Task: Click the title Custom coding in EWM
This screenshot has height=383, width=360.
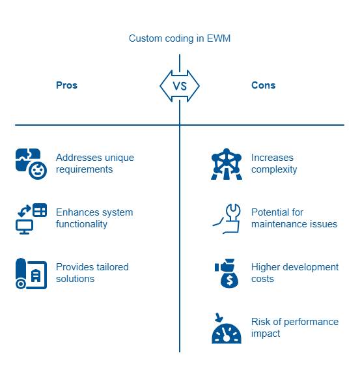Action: [x=180, y=38]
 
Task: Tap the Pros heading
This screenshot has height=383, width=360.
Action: [x=66, y=85]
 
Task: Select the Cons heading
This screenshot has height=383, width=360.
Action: [x=264, y=85]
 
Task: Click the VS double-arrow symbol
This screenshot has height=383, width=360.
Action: [x=180, y=86]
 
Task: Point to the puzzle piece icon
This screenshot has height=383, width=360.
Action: [x=31, y=164]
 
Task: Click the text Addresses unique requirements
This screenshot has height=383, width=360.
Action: [x=95, y=163]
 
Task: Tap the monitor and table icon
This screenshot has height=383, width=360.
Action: [x=31, y=219]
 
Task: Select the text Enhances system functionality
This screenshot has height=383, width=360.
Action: [x=94, y=218]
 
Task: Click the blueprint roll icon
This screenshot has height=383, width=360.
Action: [x=31, y=274]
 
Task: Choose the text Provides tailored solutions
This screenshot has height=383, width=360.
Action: [x=92, y=273]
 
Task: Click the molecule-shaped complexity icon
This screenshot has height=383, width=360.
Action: [x=227, y=164]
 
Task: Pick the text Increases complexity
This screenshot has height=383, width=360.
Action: [x=274, y=163]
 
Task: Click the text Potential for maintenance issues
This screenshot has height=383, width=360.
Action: [x=294, y=218]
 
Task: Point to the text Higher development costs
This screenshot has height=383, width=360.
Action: [x=295, y=273]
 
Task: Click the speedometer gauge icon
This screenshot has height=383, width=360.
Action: [x=227, y=328]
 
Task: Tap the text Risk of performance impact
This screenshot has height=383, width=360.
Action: [x=295, y=328]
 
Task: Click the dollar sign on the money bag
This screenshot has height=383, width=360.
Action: [x=230, y=281]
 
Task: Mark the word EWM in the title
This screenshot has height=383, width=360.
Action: [x=219, y=38]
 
